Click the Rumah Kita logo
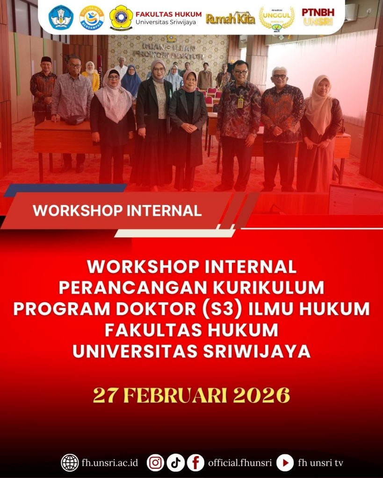(x=231, y=18)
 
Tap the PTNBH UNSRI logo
(x=318, y=17)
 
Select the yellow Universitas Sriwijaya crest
(x=121, y=17)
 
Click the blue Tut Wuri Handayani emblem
(x=61, y=17)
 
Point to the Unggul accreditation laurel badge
(x=276, y=18)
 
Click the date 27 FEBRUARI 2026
(x=191, y=395)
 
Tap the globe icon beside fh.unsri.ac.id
(x=70, y=463)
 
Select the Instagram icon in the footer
(x=155, y=463)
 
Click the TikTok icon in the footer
(x=175, y=463)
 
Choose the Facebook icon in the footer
(x=195, y=463)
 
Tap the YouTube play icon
(x=285, y=463)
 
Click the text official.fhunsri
(x=239, y=463)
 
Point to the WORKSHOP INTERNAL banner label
(x=117, y=210)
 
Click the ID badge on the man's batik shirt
(x=240, y=103)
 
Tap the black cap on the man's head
(x=46, y=60)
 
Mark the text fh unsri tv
(x=320, y=463)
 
